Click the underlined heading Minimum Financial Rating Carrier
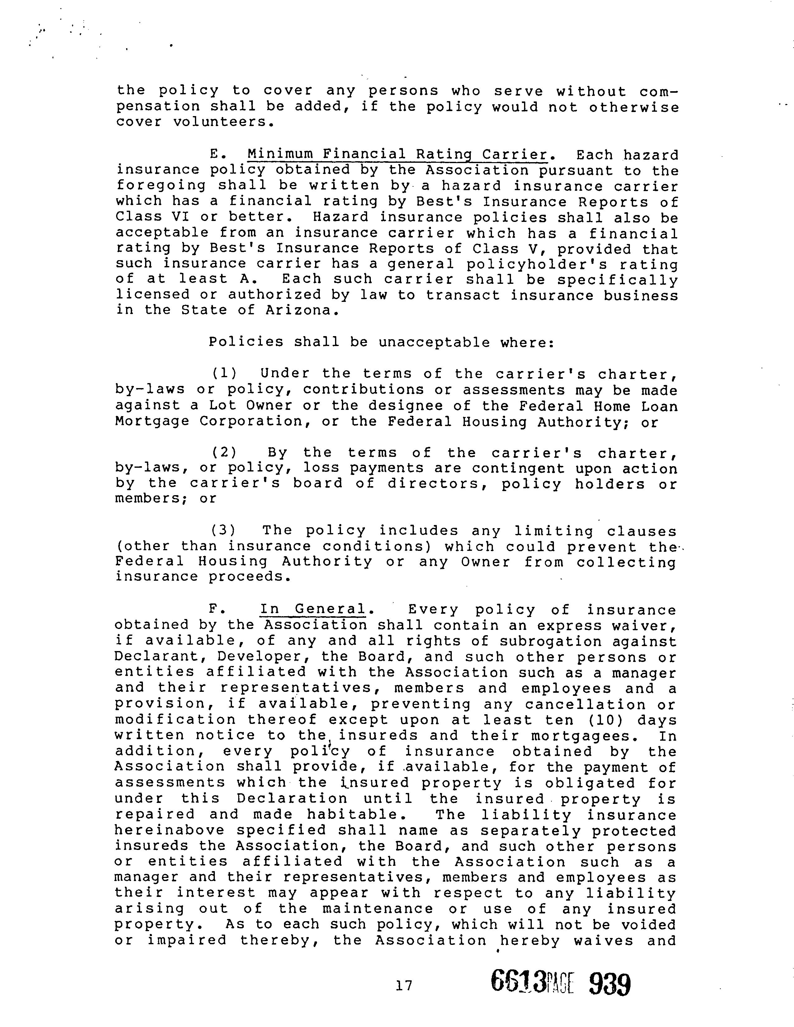tap(398, 154)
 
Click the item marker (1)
tap(224, 374)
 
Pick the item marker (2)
tap(224, 453)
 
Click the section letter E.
tap(215, 154)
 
